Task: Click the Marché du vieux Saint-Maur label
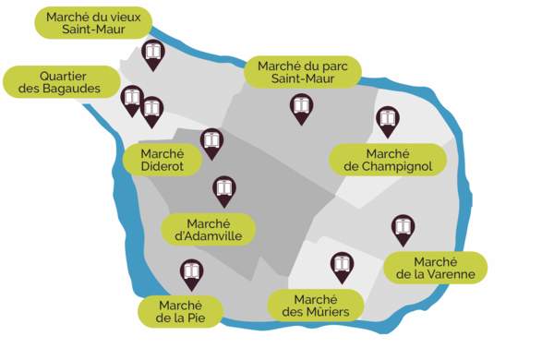tap(93, 22)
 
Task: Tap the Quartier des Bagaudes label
tap(58, 81)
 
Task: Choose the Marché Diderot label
tap(163, 159)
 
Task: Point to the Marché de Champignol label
tap(388, 159)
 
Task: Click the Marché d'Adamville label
tap(208, 230)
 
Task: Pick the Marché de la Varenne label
tap(435, 268)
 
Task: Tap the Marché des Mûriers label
tap(315, 306)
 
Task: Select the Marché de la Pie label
tap(181, 311)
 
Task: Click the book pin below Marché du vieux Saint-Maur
tap(153, 54)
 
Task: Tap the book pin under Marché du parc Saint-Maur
tap(300, 107)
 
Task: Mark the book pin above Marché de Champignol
tap(387, 119)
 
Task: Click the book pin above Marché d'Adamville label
tap(223, 190)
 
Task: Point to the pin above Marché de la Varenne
tap(402, 227)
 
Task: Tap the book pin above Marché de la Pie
tap(191, 272)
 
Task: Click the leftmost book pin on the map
tap(132, 97)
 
